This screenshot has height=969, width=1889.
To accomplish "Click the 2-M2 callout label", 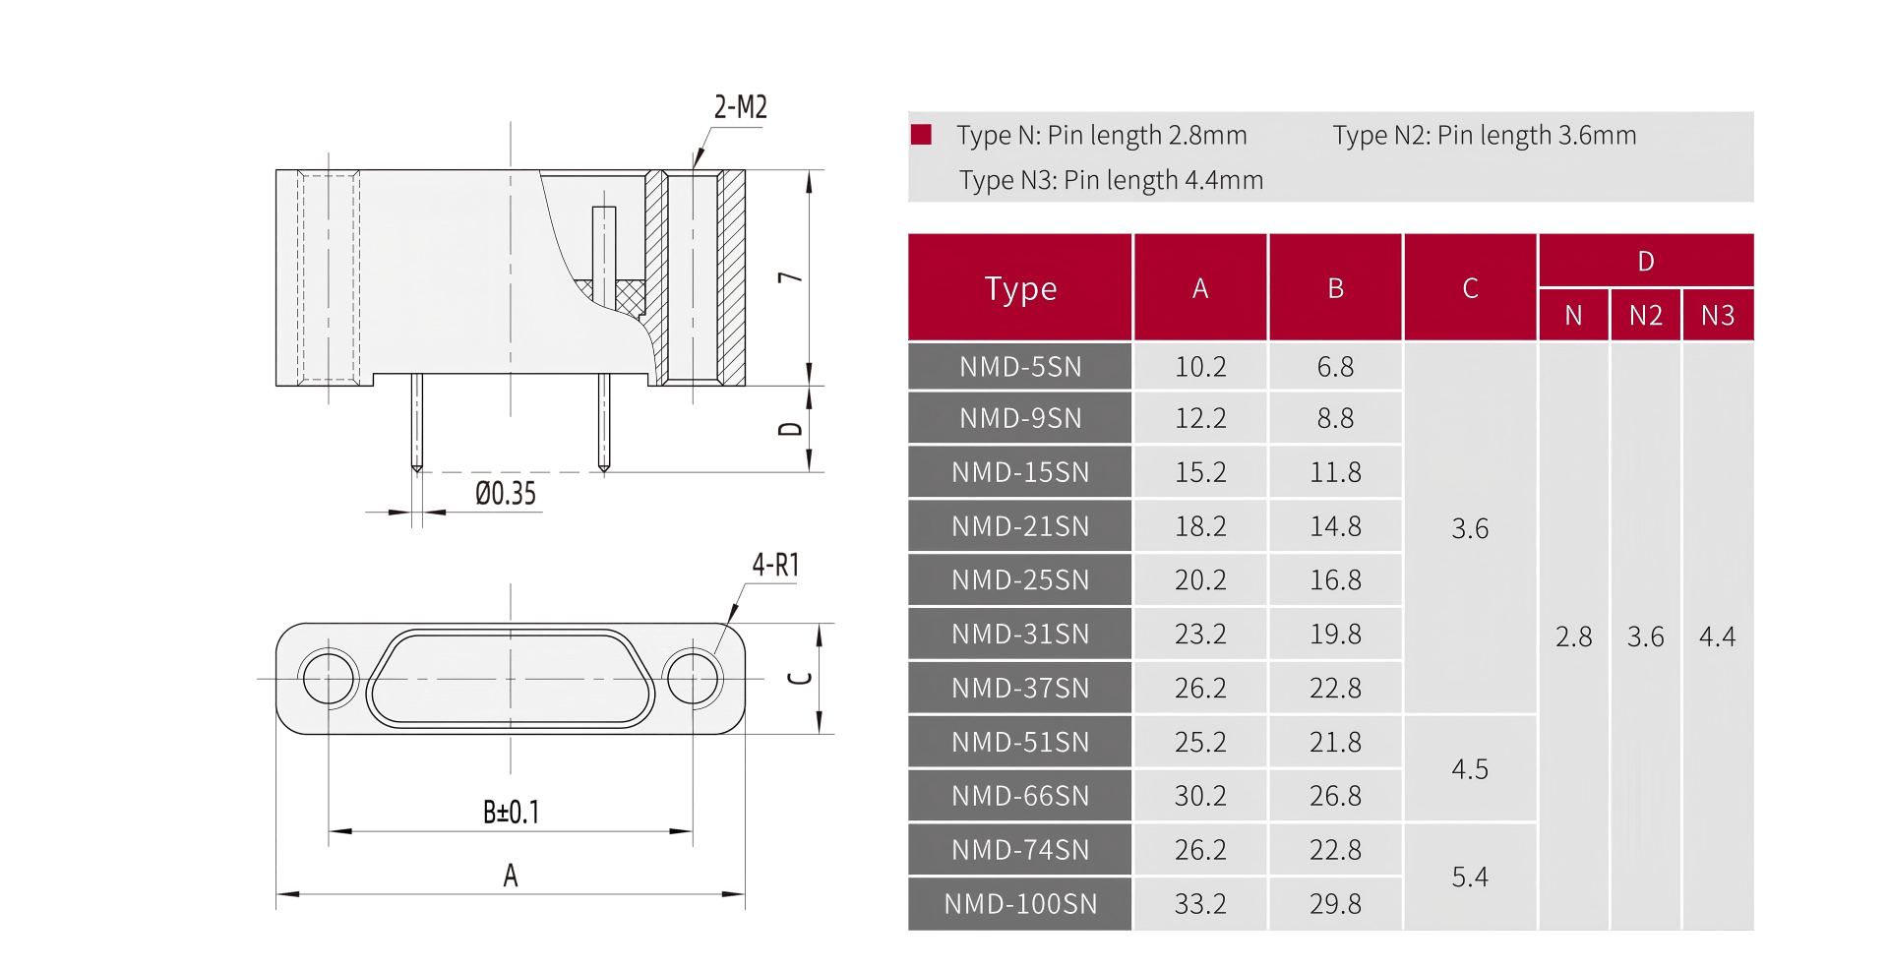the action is (x=740, y=107).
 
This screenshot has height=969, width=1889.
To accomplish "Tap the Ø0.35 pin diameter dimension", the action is (x=506, y=493).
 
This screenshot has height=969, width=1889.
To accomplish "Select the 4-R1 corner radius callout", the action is (x=775, y=565).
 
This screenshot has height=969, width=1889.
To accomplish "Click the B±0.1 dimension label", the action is (x=511, y=813).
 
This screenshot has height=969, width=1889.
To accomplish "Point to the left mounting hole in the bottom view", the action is (x=329, y=678).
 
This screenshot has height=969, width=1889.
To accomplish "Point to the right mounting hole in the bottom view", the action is (x=693, y=678).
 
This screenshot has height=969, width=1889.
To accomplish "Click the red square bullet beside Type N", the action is (x=921, y=135).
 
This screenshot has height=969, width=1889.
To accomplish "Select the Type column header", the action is (x=1020, y=288).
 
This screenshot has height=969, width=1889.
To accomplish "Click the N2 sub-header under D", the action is (x=1645, y=316).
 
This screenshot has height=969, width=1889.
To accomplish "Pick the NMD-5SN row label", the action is (x=1020, y=367).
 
